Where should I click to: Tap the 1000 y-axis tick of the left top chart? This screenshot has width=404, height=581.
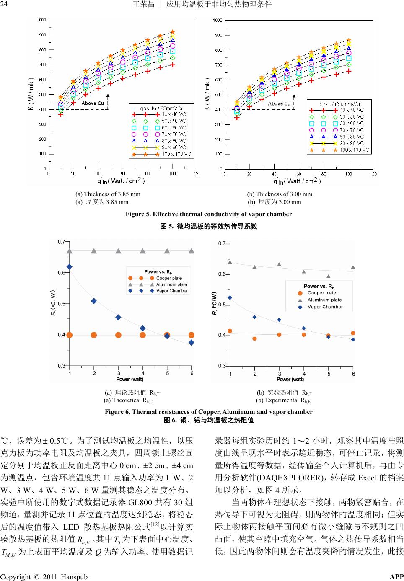[x=41, y=20]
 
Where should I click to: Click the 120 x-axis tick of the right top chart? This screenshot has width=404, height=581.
[x=373, y=173]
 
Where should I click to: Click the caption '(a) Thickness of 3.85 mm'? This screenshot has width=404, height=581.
[x=108, y=194]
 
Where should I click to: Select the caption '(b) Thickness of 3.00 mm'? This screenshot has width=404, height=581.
[x=280, y=194]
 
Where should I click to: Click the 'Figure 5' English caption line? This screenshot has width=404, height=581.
[x=209, y=214]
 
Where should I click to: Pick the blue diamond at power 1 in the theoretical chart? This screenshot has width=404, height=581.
[x=70, y=266]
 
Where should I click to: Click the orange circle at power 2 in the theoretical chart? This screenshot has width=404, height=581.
[x=94, y=335]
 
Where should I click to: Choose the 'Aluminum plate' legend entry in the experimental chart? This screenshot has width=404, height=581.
[x=324, y=300]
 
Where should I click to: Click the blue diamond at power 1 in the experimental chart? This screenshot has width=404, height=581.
[x=230, y=298]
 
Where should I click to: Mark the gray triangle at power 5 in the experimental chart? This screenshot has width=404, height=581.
[x=329, y=276]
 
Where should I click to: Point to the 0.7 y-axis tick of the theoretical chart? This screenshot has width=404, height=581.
[x=61, y=242]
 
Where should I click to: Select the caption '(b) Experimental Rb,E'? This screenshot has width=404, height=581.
[x=284, y=400]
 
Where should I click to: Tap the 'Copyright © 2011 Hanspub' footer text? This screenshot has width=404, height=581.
[x=44, y=577]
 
